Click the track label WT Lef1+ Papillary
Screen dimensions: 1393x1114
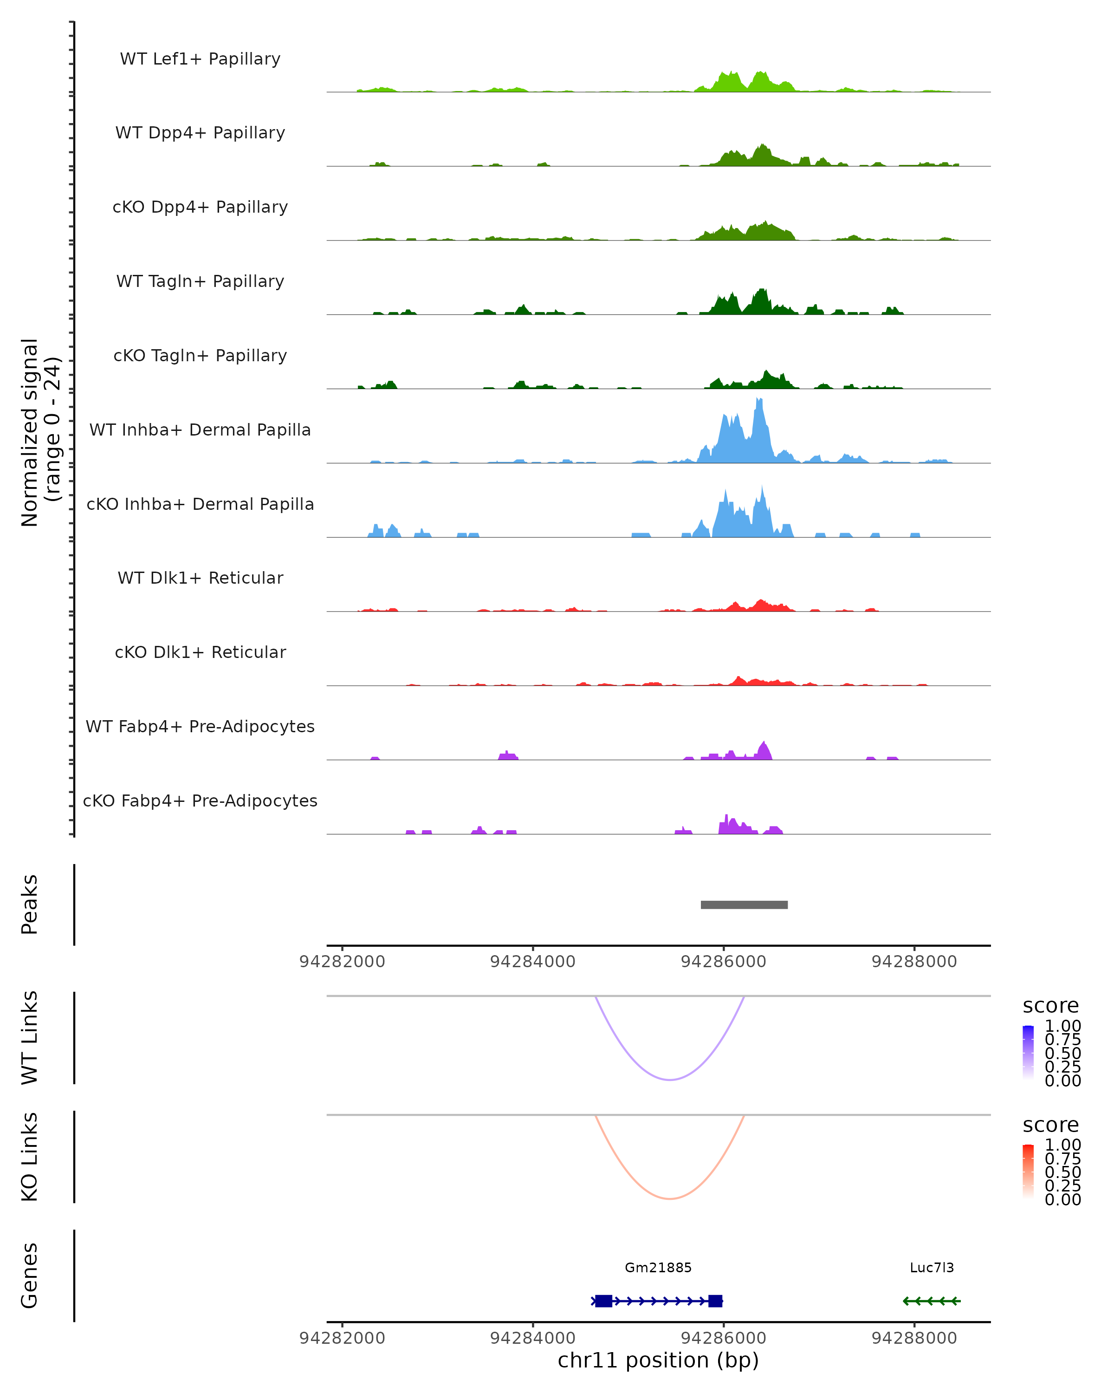[200, 59]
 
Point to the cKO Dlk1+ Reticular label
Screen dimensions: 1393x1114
[200, 652]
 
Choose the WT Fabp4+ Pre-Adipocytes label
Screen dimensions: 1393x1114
[200, 726]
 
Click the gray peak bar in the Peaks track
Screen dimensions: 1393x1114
[744, 905]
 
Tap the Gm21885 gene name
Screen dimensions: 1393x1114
[658, 1268]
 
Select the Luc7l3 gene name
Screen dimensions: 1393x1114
[931, 1268]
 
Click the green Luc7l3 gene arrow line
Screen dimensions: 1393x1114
[931, 1301]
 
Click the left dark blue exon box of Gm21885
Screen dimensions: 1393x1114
[603, 1301]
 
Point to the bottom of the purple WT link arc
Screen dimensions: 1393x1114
[670, 1079]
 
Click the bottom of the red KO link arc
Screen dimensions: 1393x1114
[670, 1198]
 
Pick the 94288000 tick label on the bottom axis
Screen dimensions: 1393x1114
[914, 1338]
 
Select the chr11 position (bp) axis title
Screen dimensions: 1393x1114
[658, 1360]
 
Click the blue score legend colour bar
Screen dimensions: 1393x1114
[1028, 1053]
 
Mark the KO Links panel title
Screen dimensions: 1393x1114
[30, 1157]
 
